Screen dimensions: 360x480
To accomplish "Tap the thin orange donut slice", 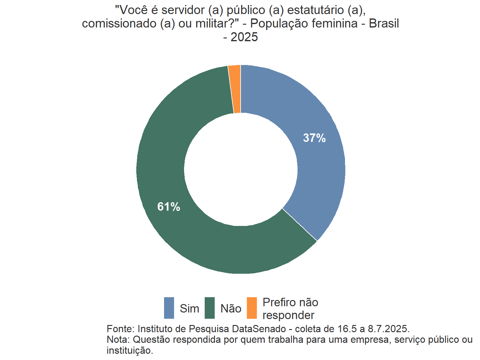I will pyautogui.click(x=235, y=89).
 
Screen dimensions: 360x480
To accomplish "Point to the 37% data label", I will pyautogui.click(x=314, y=138).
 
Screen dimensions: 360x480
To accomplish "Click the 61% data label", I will pyautogui.click(x=169, y=207).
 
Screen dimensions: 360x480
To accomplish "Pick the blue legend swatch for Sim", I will pyautogui.click(x=169, y=308).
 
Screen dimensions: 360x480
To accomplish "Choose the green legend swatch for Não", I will pyautogui.click(x=210, y=308).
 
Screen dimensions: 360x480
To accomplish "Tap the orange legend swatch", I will pyautogui.click(x=252, y=308).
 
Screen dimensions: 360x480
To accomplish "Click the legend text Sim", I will pyautogui.click(x=189, y=309).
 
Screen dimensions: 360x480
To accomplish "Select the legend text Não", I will pyautogui.click(x=231, y=309).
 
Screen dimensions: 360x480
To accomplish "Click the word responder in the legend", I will pyautogui.click(x=288, y=315).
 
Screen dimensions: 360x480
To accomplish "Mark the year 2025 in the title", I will pyautogui.click(x=244, y=37).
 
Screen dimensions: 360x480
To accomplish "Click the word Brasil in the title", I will pyautogui.click(x=384, y=24).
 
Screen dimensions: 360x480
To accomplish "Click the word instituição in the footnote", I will pyautogui.click(x=129, y=351).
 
